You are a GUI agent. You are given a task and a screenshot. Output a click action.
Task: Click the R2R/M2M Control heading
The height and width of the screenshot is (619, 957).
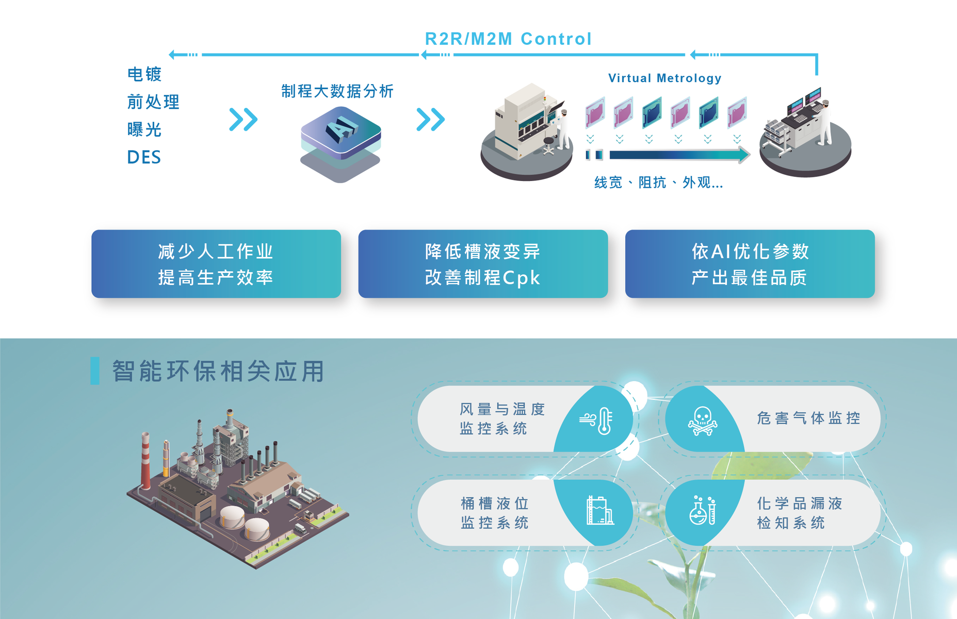pyautogui.click(x=508, y=39)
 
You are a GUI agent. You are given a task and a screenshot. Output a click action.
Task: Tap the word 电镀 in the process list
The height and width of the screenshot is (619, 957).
pyautogui.click(x=144, y=74)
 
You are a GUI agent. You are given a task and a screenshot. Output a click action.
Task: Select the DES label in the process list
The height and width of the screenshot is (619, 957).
pyautogui.click(x=144, y=157)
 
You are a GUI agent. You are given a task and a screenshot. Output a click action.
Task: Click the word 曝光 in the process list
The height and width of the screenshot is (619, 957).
pyautogui.click(x=144, y=129)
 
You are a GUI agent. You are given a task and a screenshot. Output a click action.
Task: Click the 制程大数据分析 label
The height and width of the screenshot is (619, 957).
pyautogui.click(x=337, y=91)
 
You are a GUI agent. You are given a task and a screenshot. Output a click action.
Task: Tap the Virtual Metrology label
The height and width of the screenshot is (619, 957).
pyautogui.click(x=664, y=78)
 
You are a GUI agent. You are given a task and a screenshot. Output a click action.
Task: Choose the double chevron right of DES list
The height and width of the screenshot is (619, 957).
pyautogui.click(x=244, y=120)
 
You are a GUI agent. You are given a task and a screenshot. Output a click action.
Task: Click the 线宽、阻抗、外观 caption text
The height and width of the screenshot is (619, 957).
pyautogui.click(x=659, y=183)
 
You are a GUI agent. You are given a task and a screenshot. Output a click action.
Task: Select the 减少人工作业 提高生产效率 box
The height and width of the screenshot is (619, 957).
pyautogui.click(x=216, y=264)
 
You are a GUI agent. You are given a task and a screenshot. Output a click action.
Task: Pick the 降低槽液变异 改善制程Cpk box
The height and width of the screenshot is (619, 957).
pyautogui.click(x=483, y=264)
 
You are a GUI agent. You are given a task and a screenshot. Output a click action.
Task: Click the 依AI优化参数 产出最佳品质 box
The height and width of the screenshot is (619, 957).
pyautogui.click(x=750, y=264)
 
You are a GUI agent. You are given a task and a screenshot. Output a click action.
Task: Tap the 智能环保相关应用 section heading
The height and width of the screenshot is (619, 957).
pyautogui.click(x=218, y=371)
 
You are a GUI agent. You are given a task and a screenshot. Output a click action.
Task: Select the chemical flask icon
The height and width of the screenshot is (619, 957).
pyautogui.click(x=703, y=511)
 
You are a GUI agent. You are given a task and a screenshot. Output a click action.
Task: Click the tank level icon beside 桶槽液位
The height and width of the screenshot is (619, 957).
pyautogui.click(x=600, y=511)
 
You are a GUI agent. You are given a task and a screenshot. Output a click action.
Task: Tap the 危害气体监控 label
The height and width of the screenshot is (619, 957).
pyautogui.click(x=808, y=418)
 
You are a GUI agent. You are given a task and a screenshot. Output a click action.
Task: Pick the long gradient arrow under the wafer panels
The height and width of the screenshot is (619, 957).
pyautogui.click(x=679, y=155)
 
